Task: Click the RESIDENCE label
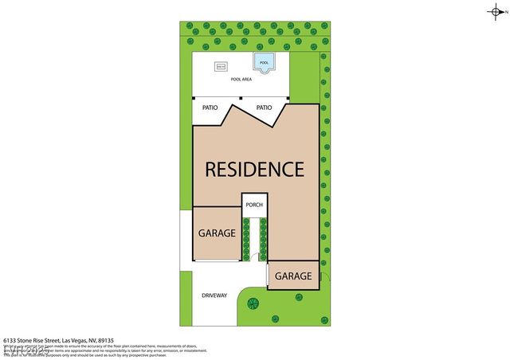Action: coord(255,169)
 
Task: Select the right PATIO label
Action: coord(264,108)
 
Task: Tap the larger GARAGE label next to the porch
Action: coord(217,233)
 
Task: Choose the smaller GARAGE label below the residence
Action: coord(292,276)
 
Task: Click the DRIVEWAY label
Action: coord(214,295)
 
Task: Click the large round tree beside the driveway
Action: coord(253,303)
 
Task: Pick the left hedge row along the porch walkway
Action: coord(245,239)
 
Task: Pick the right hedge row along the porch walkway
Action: coord(262,239)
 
